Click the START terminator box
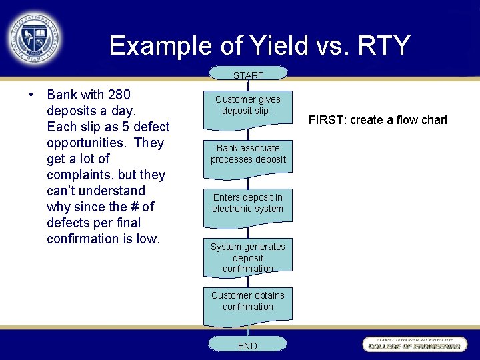coord(248,74)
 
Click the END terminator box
coord(247,345)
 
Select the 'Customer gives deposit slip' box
coord(247,105)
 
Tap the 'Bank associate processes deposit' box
coord(247,155)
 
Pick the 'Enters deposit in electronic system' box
coord(247,204)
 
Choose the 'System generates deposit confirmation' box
coord(247,257)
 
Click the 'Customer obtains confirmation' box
coord(247,302)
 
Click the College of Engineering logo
coord(414,344)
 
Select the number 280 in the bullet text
coord(118,95)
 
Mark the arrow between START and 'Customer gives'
coord(247,84)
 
